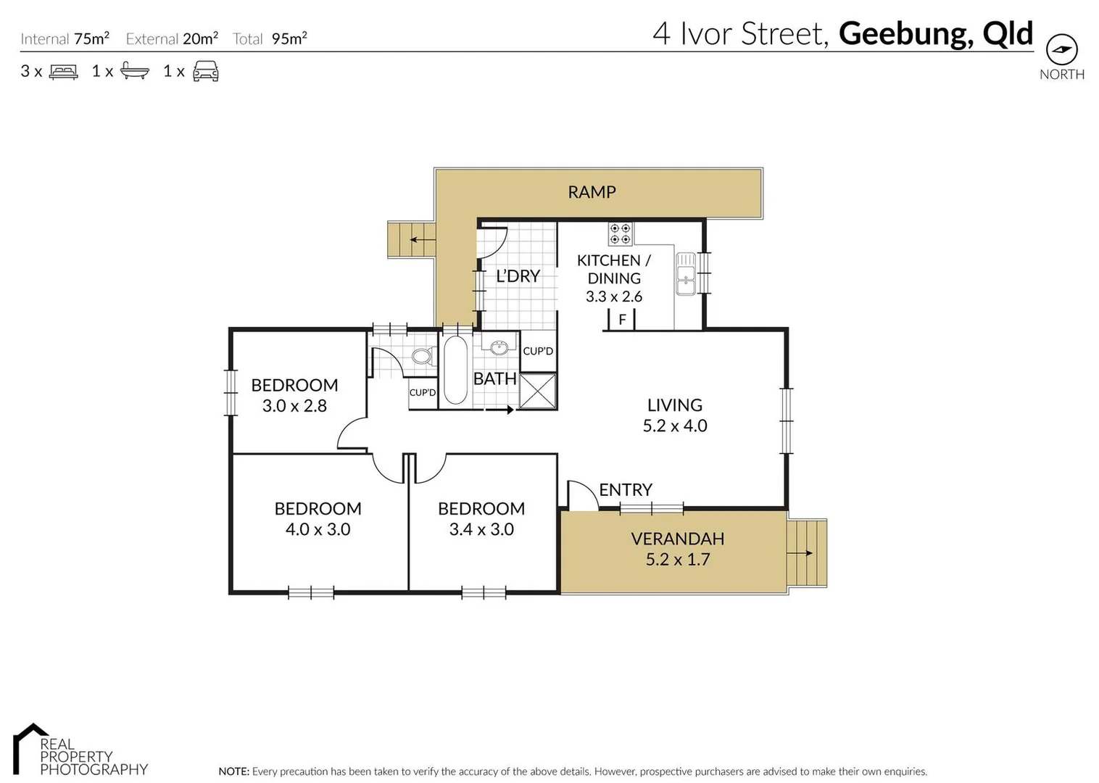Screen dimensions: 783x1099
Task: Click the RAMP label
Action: pos(592,192)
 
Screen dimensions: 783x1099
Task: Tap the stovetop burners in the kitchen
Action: pos(620,233)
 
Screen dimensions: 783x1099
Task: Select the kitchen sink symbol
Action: pos(685,273)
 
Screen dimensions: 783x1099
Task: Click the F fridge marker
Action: pos(622,319)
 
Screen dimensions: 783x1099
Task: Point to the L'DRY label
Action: pos(518,276)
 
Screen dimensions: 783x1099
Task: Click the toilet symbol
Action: pos(422,356)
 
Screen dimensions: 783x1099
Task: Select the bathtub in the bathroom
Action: pos(455,370)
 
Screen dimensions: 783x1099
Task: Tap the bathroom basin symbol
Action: pos(499,348)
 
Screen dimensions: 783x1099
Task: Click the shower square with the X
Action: pos(538,391)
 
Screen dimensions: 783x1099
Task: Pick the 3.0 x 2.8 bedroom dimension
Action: pos(294,406)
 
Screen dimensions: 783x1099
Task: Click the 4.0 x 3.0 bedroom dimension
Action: pos(318,529)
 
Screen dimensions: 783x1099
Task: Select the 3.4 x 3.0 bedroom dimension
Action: pos(481,529)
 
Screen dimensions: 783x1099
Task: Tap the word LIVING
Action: pos(675,405)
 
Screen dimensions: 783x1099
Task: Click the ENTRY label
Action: pos(626,490)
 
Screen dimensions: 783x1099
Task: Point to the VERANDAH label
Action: pos(678,539)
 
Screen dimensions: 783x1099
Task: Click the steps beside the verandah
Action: pos(807,553)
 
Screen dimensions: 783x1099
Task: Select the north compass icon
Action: pos(1062,50)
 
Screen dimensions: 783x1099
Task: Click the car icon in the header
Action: pos(206,71)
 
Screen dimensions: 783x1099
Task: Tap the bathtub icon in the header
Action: pos(135,71)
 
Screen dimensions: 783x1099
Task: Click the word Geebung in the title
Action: pos(905,33)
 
